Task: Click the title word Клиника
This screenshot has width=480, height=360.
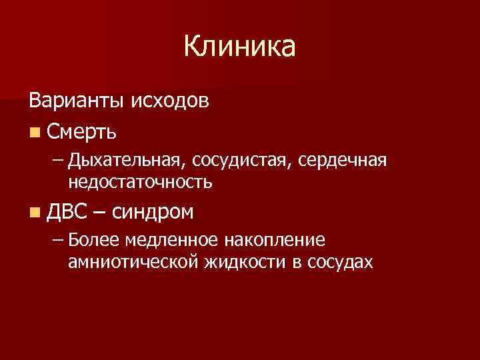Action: (x=239, y=47)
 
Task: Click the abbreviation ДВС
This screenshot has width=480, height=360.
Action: (x=67, y=212)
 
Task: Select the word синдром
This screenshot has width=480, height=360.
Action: (x=153, y=213)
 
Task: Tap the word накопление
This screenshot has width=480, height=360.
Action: (x=253, y=240)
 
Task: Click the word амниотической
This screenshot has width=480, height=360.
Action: (x=131, y=261)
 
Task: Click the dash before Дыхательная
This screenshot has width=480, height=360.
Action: (x=58, y=161)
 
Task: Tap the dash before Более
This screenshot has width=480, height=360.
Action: (x=58, y=240)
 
